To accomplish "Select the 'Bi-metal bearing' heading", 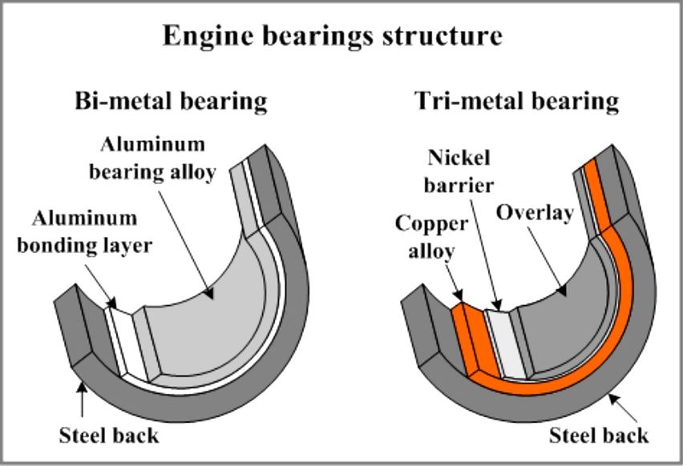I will point(170,101).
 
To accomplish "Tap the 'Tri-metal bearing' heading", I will point(517,101).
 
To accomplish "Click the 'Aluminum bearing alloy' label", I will point(157,158).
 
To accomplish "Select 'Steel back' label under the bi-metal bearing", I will point(109,436).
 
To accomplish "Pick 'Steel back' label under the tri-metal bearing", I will point(599,436).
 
